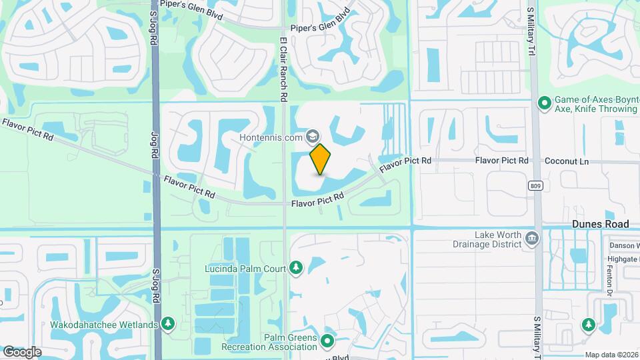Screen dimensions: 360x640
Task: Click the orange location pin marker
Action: (x=320, y=158)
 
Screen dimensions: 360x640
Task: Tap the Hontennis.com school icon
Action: (x=311, y=137)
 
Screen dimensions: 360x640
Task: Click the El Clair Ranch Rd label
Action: (x=283, y=69)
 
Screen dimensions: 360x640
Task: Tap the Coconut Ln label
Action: (x=567, y=161)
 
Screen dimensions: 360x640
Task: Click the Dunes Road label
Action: (x=600, y=225)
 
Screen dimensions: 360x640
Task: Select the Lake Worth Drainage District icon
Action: (x=531, y=239)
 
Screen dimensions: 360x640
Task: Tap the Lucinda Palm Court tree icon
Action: (x=296, y=268)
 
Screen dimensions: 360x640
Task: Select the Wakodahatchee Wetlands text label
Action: (x=104, y=325)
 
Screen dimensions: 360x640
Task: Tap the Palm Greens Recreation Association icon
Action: (x=327, y=342)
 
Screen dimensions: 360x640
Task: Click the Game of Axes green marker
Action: (x=544, y=103)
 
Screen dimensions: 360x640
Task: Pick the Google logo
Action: (x=22, y=352)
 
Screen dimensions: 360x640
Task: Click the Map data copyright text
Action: (x=611, y=355)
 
